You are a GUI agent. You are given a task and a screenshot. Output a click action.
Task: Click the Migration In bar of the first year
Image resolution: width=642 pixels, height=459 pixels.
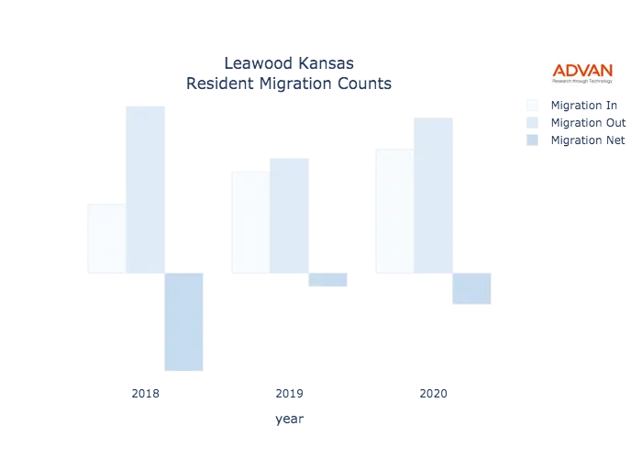pyautogui.click(x=104, y=236)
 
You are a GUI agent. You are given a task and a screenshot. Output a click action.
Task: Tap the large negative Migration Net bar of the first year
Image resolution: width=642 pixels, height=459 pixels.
pyautogui.click(x=183, y=322)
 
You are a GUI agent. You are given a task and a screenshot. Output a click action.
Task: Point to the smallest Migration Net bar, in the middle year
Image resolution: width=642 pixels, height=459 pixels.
pyautogui.click(x=329, y=282)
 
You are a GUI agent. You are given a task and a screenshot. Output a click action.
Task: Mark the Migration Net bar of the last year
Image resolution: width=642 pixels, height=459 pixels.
pyautogui.click(x=470, y=289)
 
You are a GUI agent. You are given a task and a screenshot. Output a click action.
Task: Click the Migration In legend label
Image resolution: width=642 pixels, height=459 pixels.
pyautogui.click(x=587, y=104)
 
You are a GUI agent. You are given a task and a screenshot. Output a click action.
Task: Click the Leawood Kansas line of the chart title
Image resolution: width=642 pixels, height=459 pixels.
pyautogui.click(x=289, y=64)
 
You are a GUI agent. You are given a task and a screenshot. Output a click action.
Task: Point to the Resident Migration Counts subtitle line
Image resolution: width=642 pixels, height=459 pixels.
pyautogui.click(x=289, y=84)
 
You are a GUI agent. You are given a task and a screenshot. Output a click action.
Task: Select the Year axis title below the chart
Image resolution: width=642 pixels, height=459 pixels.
pyautogui.click(x=289, y=420)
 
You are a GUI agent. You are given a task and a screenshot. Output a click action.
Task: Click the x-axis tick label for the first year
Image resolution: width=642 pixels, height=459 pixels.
pyautogui.click(x=147, y=394)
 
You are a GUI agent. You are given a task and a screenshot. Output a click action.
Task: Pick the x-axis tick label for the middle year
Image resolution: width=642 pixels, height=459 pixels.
pyautogui.click(x=289, y=394)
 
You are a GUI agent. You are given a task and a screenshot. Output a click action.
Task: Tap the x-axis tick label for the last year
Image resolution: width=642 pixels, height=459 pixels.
pyautogui.click(x=433, y=394)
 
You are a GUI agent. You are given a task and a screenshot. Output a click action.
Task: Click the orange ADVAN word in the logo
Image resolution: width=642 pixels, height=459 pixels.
pyautogui.click(x=582, y=69)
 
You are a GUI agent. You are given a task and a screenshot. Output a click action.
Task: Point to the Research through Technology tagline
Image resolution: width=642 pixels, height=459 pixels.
pyautogui.click(x=582, y=81)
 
